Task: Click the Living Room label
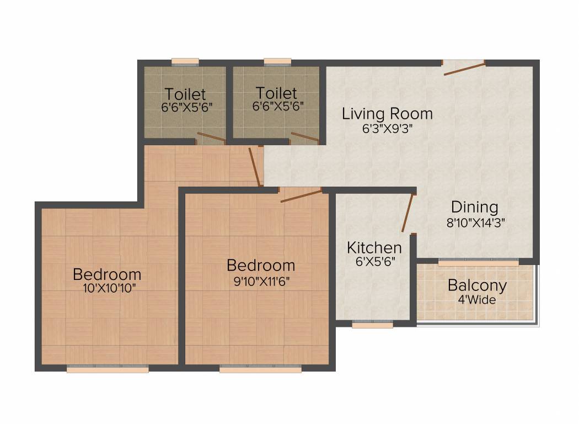click(387, 114)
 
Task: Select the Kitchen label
click(374, 247)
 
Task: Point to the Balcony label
click(477, 285)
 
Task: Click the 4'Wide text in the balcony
click(477, 300)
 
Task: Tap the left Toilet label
click(185, 93)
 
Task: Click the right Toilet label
click(276, 93)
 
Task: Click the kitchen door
click(408, 213)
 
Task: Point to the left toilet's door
click(211, 137)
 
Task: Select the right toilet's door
click(304, 136)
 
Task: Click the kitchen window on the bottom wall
click(372, 325)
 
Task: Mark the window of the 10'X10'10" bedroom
click(108, 369)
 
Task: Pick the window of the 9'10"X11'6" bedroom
click(260, 369)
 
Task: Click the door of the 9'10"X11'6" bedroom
click(301, 195)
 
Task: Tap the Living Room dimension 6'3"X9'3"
click(387, 129)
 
